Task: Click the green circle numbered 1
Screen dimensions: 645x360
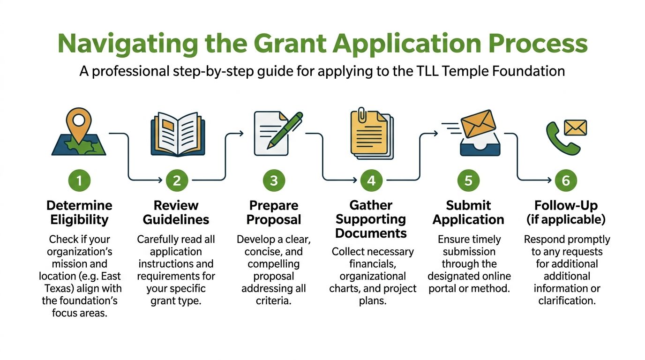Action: click(79, 180)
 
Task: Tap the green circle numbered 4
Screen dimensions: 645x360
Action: click(371, 180)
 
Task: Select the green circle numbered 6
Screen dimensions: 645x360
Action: click(566, 180)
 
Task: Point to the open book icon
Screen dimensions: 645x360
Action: click(178, 134)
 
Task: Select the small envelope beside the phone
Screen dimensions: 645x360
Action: click(575, 127)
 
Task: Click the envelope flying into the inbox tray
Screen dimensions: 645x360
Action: click(478, 123)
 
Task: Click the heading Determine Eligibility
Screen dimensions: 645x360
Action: click(80, 212)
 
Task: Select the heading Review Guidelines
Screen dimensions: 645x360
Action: click(176, 212)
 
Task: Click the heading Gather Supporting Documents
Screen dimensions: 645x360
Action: click(371, 219)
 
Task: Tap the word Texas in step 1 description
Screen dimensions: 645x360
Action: click(59, 289)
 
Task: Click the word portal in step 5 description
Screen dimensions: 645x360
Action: click(442, 289)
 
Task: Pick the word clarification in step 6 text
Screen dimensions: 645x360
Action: click(567, 301)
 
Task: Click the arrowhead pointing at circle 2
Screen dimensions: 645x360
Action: click(160, 180)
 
